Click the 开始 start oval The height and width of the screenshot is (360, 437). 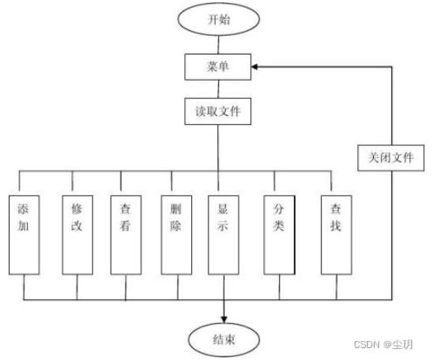point(219,19)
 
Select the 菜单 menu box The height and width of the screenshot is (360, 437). point(217,67)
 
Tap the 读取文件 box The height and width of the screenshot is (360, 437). point(217,111)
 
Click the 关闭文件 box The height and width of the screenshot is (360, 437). point(390,158)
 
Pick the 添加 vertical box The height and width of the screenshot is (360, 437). point(24,234)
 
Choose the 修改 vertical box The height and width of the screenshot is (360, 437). point(77,234)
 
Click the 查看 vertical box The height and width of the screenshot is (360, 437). point(126,234)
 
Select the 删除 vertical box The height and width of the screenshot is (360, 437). point(176,234)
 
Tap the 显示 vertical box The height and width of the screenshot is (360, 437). point(223,234)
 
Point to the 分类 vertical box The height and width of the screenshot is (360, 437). point(279,234)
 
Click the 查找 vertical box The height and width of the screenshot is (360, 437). point(337,234)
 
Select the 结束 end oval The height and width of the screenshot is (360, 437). point(224,339)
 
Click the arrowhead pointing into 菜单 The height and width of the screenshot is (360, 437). point(254,67)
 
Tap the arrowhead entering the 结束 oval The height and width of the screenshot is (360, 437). point(224,320)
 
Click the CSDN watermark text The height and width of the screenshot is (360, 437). point(383,345)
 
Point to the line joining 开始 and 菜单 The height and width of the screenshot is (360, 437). point(218,45)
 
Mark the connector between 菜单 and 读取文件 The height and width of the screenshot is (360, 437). point(218,89)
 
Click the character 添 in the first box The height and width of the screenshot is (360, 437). point(23,209)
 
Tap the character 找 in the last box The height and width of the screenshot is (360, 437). point(336,226)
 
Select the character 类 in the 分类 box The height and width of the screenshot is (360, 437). point(278,226)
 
